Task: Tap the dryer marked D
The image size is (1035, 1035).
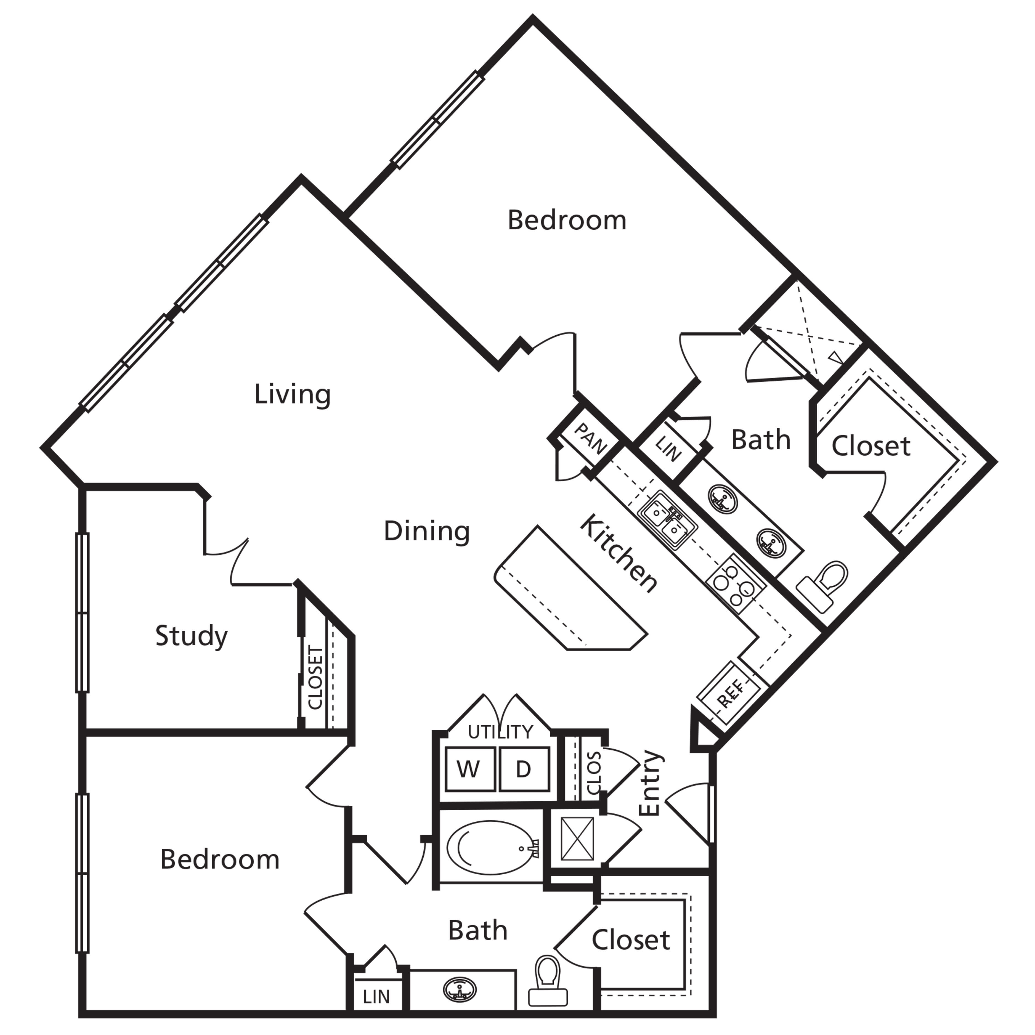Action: pos(523,769)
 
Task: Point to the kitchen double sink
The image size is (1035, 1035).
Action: pos(667,520)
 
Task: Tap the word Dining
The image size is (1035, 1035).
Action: pos(427,531)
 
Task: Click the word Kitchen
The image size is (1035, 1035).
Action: pos(619,553)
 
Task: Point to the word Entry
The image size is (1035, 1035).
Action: pos(651,783)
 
